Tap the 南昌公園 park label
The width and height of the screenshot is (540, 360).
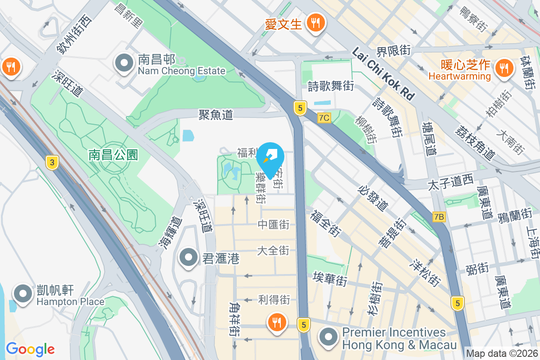click(x=113, y=155)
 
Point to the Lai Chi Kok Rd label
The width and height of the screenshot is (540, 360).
click(x=383, y=75)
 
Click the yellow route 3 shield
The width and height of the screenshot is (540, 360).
click(x=52, y=163)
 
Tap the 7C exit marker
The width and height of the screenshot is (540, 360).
click(x=324, y=118)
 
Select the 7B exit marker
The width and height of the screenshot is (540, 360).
click(x=439, y=217)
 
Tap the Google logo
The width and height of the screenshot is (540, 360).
click(x=30, y=349)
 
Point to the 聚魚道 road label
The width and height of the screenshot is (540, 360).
click(x=216, y=115)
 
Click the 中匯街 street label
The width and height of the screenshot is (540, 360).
click(x=274, y=224)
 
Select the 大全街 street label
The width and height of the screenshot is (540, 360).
click(x=273, y=250)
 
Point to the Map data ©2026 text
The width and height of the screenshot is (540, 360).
click(x=502, y=353)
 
